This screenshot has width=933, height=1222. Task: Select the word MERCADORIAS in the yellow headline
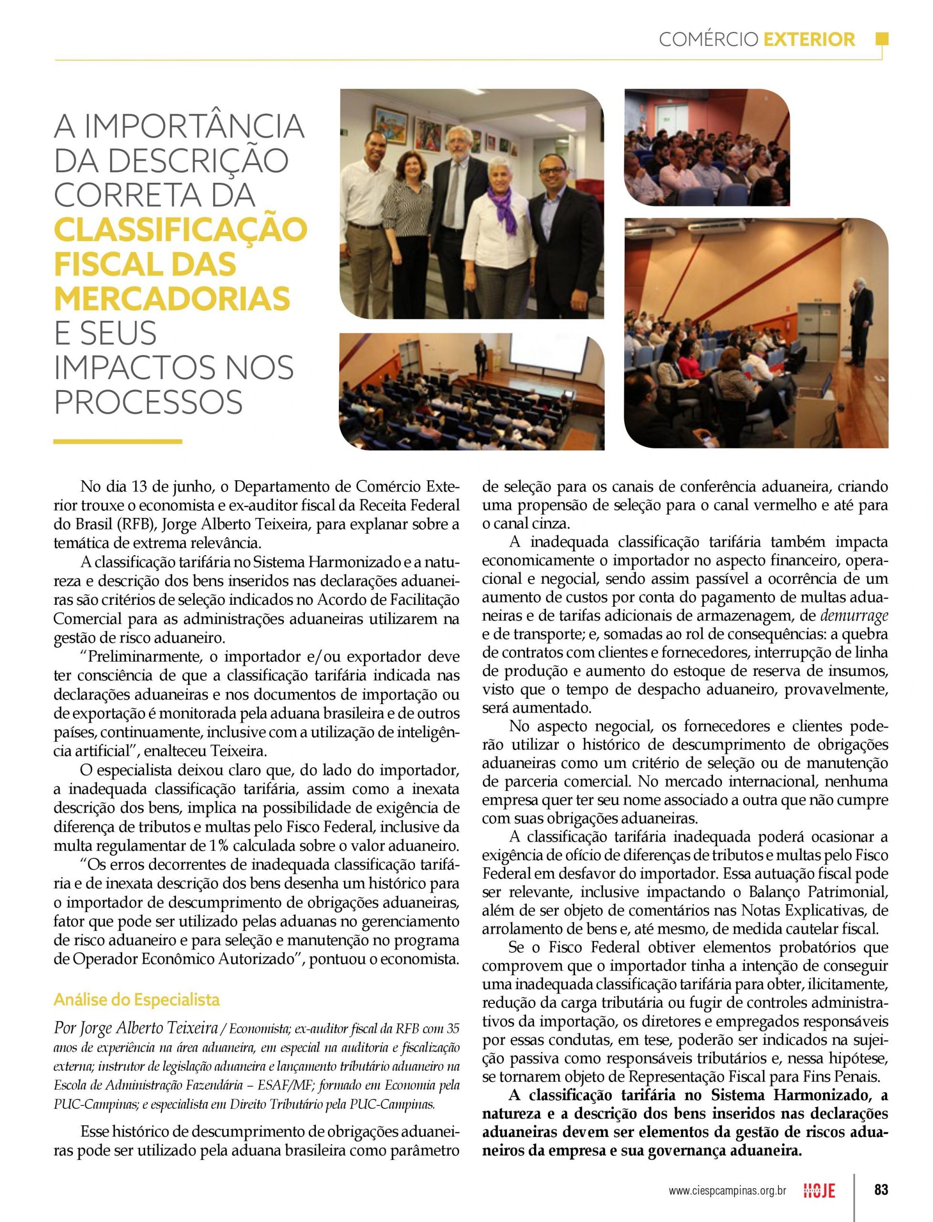pos(172,298)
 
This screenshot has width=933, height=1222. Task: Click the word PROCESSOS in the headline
pos(148,401)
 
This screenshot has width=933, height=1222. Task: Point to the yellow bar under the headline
pos(118,442)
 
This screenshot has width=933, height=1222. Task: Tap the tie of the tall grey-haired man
pos(455,183)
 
